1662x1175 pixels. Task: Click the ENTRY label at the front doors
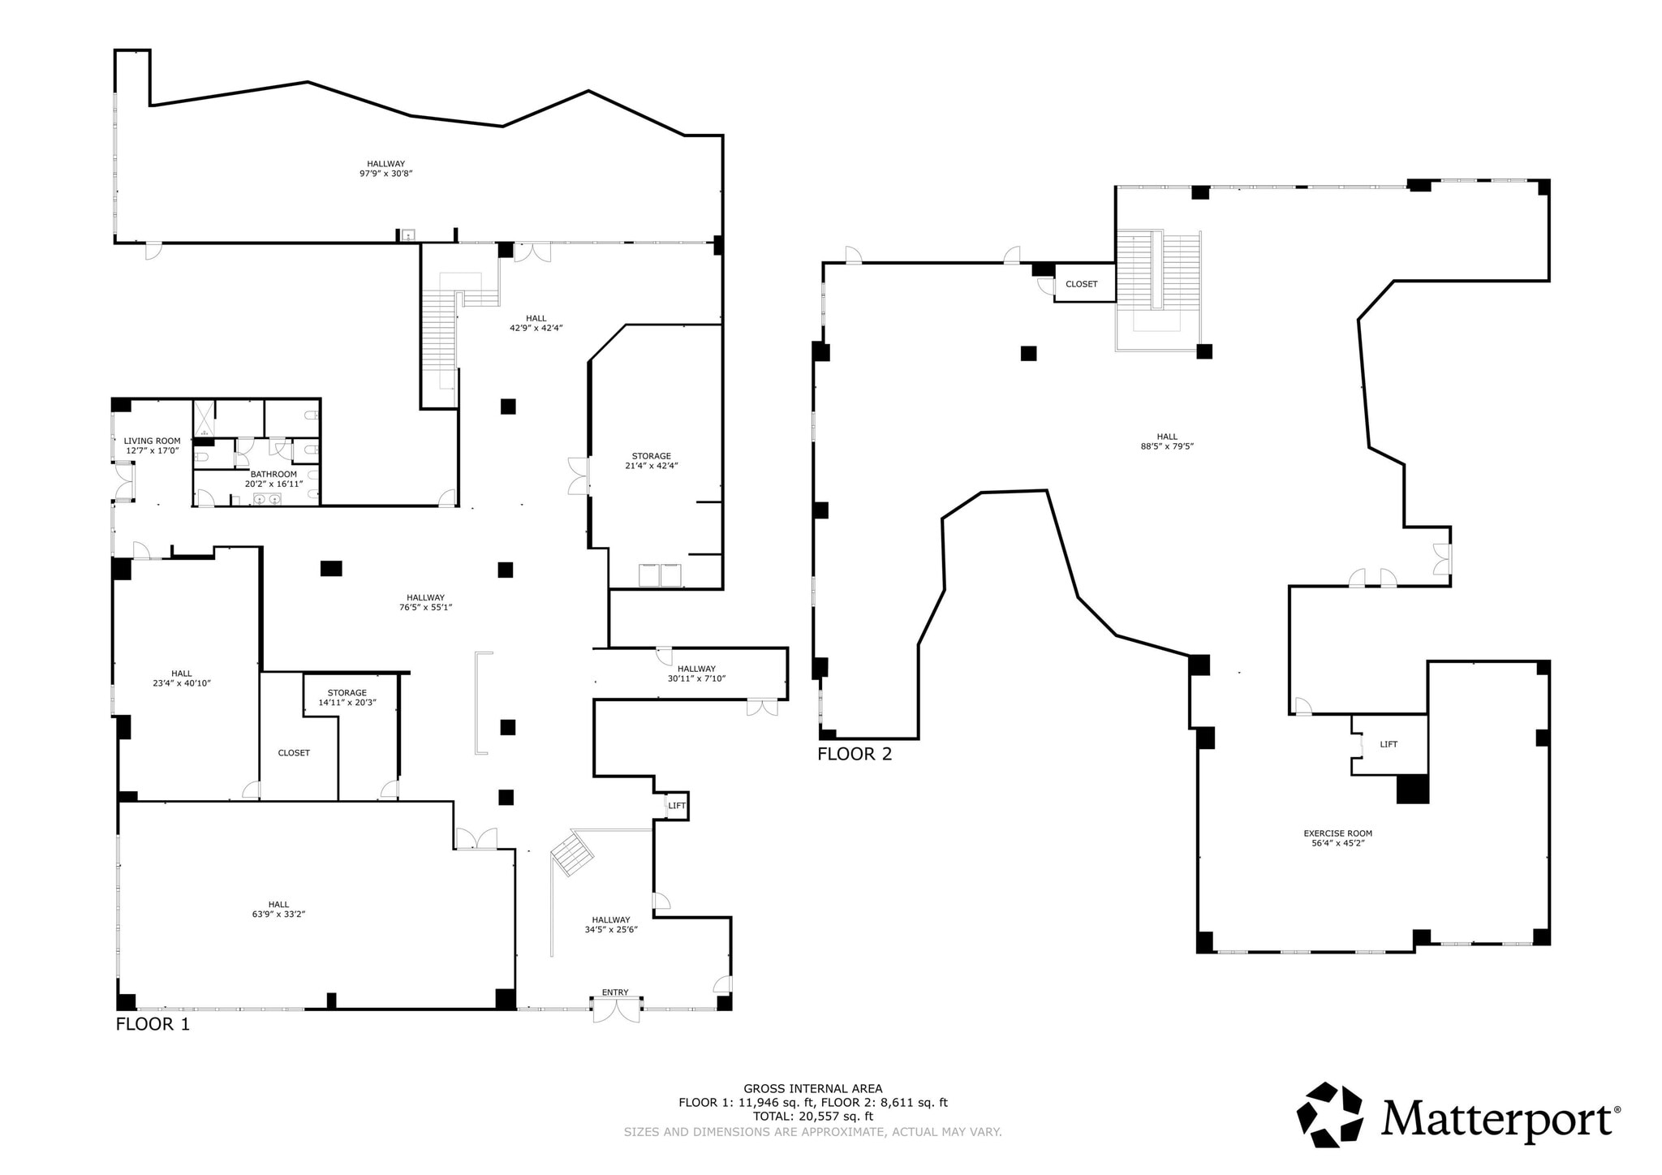[614, 992]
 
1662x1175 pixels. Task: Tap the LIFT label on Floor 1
[677, 806]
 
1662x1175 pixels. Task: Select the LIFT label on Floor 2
[1389, 744]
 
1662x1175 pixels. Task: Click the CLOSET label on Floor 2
[1081, 284]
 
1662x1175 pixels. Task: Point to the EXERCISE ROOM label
[1337, 833]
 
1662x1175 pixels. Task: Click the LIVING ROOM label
[152, 441]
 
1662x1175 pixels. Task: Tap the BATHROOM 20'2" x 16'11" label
[273, 479]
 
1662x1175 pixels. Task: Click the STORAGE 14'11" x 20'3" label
[347, 698]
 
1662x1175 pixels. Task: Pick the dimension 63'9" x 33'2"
[278, 914]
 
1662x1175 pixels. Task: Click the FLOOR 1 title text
[153, 1024]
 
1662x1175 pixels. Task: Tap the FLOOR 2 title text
[854, 754]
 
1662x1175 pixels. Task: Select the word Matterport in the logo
[1495, 1120]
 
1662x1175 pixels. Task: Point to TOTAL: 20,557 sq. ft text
[812, 1116]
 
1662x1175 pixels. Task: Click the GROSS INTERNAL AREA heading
[812, 1089]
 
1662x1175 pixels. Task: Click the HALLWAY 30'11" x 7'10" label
[696, 674]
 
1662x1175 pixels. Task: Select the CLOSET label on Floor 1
[294, 753]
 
